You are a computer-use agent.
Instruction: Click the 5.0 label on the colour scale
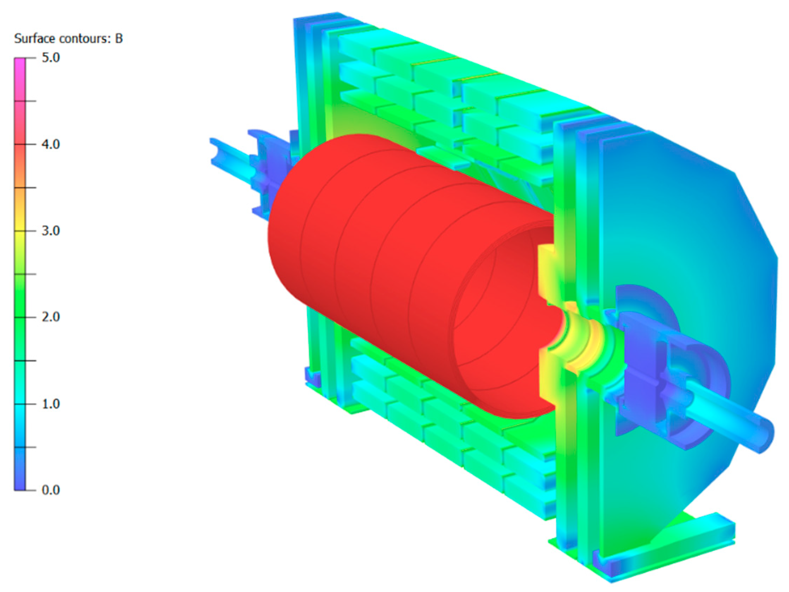51,58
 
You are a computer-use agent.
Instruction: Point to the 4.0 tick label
51,145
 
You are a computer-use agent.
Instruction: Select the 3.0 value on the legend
51,231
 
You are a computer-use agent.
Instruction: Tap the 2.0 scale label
51,317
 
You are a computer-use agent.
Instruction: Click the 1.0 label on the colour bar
51,404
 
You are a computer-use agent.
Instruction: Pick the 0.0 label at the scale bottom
51,490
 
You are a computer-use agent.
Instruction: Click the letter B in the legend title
119,38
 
